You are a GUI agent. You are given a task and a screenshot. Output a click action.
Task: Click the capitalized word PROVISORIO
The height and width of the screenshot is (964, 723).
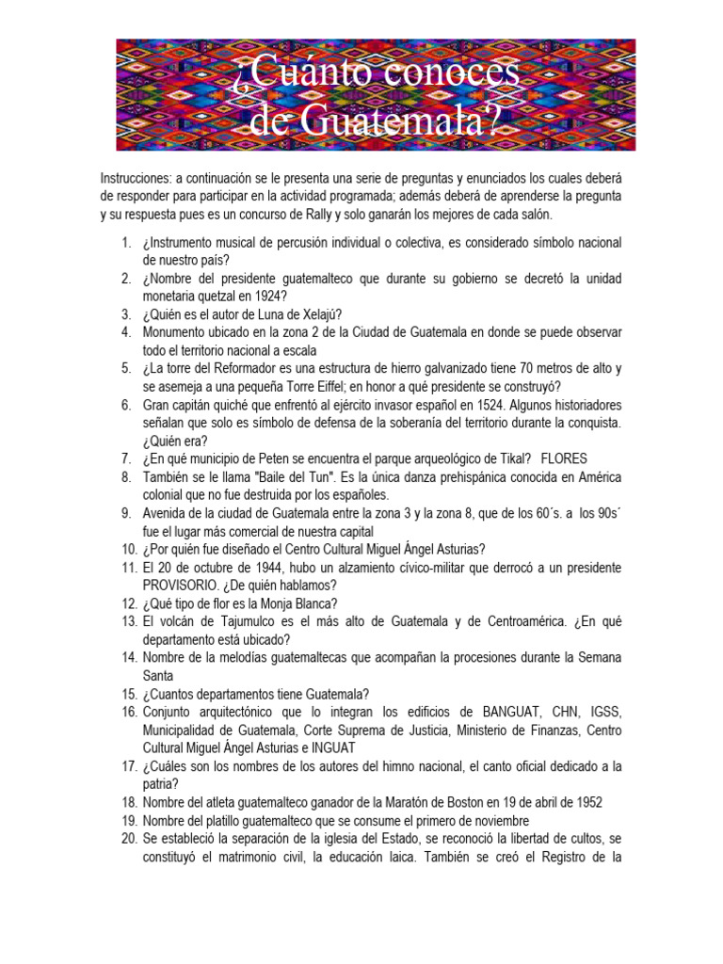(x=183, y=586)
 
